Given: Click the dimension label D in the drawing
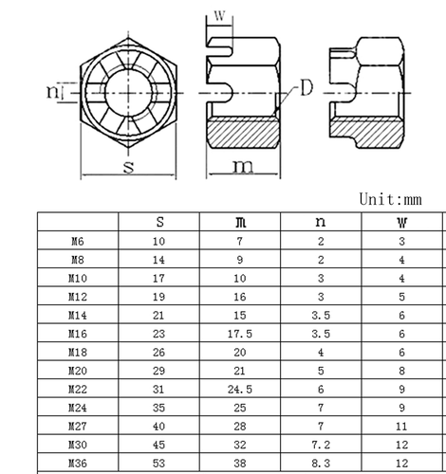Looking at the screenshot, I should pyautogui.click(x=307, y=90).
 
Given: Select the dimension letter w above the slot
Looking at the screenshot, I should pyautogui.click(x=220, y=16).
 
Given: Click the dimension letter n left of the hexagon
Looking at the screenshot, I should pyautogui.click(x=52, y=91).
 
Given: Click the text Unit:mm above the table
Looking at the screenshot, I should pyautogui.click(x=390, y=199).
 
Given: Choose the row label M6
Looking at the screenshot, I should pyautogui.click(x=77, y=242).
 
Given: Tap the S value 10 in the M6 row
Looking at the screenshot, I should pyautogui.click(x=159, y=242).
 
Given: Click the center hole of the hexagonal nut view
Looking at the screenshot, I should pyautogui.click(x=127, y=91).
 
